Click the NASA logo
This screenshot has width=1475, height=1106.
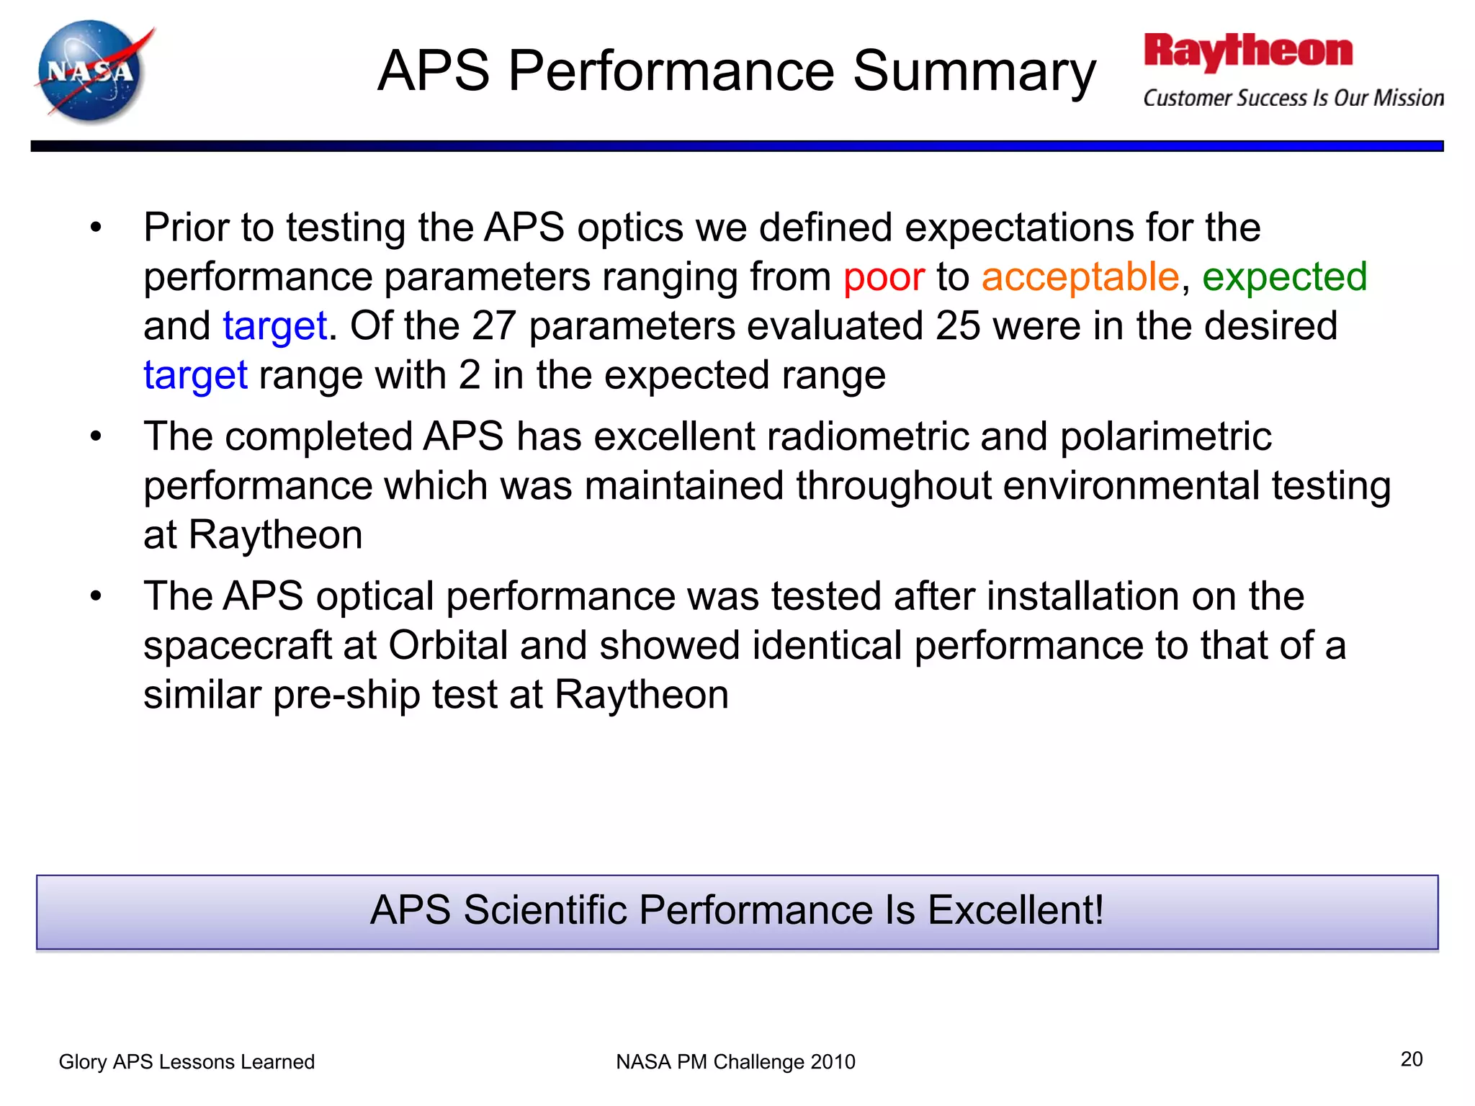[x=92, y=72]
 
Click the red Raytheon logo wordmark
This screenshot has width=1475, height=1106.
[x=1248, y=52]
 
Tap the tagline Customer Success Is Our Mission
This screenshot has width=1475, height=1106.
[x=1293, y=98]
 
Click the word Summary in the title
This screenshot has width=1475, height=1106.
[x=974, y=72]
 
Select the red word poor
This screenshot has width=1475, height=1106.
[x=884, y=277]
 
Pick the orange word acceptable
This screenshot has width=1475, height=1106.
[x=1080, y=277]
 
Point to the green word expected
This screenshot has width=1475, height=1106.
[x=1284, y=277]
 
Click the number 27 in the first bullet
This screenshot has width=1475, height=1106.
[x=493, y=326]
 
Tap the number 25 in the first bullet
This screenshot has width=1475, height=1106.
[x=957, y=326]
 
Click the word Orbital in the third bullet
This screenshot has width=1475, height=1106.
[x=448, y=646]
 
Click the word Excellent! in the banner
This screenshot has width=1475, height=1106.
[x=1016, y=910]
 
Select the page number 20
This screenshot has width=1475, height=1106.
[x=1411, y=1059]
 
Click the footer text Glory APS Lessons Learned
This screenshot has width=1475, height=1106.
[x=187, y=1062]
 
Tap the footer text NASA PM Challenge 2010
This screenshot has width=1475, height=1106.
[x=735, y=1062]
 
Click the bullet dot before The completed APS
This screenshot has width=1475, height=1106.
[x=96, y=437]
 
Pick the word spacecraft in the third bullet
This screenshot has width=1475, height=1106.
[x=237, y=646]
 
